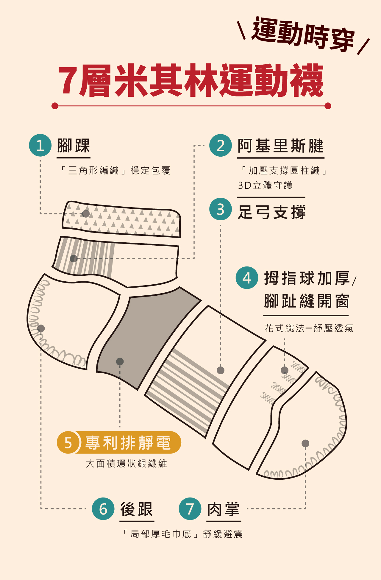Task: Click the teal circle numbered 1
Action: click(x=40, y=145)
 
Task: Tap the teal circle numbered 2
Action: click(x=221, y=145)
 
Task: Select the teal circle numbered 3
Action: click(x=221, y=209)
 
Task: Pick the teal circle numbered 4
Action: click(x=247, y=278)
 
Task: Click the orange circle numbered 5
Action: click(x=68, y=442)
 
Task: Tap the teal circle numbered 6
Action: click(x=103, y=509)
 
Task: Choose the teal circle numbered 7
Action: click(x=190, y=509)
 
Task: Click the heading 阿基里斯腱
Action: click(x=280, y=146)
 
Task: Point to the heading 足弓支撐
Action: click(x=271, y=212)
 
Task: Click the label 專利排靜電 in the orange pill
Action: click(x=128, y=442)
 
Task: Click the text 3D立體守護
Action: click(x=265, y=185)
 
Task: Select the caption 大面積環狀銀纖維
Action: click(x=126, y=464)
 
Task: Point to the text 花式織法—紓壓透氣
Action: click(x=309, y=328)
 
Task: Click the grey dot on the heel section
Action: click(x=41, y=328)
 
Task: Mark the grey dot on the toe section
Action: click(x=305, y=443)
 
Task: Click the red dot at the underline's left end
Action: click(x=55, y=106)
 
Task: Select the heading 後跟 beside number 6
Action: click(x=137, y=509)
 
